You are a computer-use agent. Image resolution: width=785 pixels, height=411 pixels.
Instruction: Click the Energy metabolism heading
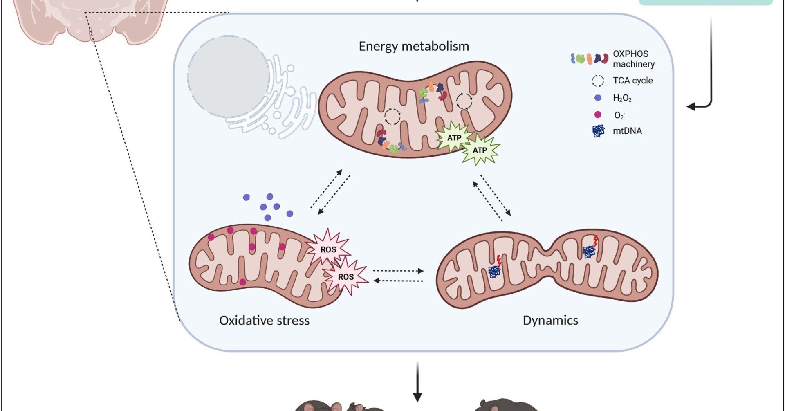[x=414, y=46]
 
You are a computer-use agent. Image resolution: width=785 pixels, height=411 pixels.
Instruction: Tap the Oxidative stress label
[x=264, y=320]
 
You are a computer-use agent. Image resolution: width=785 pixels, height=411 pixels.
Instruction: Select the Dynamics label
[x=550, y=320]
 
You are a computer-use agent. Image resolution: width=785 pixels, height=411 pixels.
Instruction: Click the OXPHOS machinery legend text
[x=633, y=59]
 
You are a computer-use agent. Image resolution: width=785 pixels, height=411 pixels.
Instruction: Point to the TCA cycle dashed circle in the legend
[x=598, y=81]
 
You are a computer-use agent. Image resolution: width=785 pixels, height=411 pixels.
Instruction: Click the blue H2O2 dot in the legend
[x=598, y=98]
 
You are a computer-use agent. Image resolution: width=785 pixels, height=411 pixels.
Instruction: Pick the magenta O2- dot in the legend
[x=598, y=115]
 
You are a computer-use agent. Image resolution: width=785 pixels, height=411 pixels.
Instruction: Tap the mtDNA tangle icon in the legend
[x=599, y=131]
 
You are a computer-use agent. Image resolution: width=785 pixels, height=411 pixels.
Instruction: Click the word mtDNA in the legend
[x=627, y=131]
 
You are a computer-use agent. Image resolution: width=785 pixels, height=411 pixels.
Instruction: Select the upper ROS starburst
[x=328, y=249]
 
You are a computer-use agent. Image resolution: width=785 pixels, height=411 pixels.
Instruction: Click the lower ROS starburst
[x=345, y=276]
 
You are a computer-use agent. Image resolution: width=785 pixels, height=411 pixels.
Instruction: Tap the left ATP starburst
[x=454, y=138]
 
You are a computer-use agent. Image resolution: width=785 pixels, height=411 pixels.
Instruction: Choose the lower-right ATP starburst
[x=480, y=150]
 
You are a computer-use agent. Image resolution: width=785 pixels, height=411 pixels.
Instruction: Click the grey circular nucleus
[x=228, y=77]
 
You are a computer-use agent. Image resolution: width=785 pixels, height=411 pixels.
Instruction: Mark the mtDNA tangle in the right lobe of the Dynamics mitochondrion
[x=589, y=251]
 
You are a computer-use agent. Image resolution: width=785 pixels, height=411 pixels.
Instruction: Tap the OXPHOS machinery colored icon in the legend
[x=589, y=59]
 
